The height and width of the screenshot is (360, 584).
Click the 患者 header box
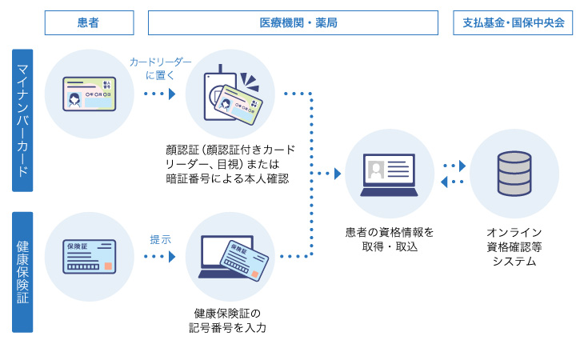click(88, 23)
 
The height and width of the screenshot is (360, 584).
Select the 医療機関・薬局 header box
click(293, 23)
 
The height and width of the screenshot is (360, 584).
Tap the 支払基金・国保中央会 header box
click(513, 23)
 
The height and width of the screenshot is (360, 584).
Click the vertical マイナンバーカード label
click(22, 120)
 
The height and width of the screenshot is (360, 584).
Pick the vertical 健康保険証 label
click(22, 271)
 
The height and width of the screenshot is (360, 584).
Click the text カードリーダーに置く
click(161, 68)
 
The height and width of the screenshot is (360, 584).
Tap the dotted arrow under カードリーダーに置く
click(159, 94)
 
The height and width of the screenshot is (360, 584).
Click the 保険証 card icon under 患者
click(90, 257)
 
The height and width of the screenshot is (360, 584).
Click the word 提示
click(160, 238)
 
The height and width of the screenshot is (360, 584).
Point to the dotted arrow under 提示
click(159, 257)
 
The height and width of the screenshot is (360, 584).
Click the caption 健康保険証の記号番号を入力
click(229, 320)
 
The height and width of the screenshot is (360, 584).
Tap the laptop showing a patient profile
click(389, 174)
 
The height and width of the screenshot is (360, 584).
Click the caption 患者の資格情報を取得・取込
click(389, 239)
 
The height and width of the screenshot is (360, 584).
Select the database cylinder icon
click(514, 174)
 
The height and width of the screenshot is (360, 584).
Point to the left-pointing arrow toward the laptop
click(452, 182)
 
